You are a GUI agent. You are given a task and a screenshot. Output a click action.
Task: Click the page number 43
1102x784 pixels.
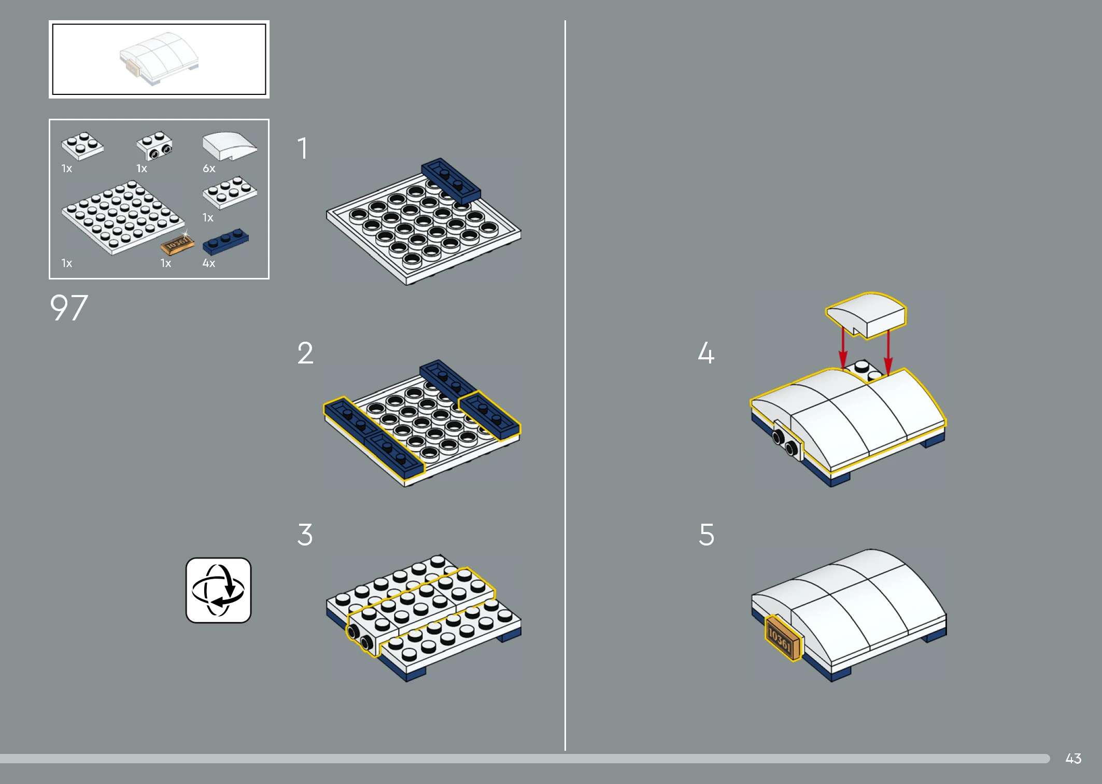(1073, 759)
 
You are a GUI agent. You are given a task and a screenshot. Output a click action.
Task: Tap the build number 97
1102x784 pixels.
(69, 308)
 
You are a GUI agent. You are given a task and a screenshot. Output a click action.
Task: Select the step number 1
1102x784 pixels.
(303, 148)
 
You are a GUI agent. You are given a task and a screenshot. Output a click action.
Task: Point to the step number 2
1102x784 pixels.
(305, 353)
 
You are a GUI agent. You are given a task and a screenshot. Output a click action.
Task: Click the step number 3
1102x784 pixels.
(305, 535)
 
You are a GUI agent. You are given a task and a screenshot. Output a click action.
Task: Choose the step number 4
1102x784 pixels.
(706, 353)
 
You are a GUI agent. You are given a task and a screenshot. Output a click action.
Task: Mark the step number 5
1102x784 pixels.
(707, 535)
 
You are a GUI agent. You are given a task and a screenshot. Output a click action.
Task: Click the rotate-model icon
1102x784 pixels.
(218, 590)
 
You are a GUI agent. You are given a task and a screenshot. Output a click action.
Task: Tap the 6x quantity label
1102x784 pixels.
(209, 169)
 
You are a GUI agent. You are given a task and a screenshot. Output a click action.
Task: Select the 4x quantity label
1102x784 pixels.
(209, 263)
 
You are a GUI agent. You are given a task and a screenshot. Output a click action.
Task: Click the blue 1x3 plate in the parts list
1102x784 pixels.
(225, 241)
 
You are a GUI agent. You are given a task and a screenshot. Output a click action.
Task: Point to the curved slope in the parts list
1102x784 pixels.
(230, 146)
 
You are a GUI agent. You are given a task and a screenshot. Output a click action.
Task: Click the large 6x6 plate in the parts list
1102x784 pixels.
(123, 217)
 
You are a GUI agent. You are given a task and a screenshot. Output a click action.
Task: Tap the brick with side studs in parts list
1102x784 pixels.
(154, 146)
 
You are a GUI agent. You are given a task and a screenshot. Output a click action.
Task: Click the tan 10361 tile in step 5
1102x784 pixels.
(782, 638)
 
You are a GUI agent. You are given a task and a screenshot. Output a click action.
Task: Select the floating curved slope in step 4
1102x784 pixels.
(866, 315)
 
